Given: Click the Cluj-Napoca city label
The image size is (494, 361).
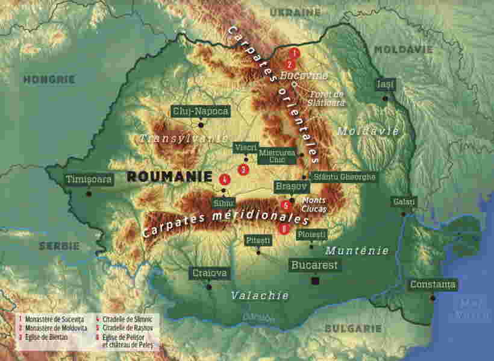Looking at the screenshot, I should [x=201, y=111].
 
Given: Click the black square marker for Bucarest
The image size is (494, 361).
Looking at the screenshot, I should [x=314, y=281].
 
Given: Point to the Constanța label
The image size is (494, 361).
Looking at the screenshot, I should [x=433, y=284].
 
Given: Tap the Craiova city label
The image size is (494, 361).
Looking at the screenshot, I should [x=210, y=273].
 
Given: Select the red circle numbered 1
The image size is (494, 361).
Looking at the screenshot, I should [x=294, y=53].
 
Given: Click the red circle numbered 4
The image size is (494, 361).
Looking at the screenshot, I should [x=224, y=179].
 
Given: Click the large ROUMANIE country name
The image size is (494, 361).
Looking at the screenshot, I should [x=169, y=177].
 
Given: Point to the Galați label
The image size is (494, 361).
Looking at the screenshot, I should [x=400, y=201].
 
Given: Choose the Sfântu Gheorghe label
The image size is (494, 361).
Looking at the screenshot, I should [x=345, y=177].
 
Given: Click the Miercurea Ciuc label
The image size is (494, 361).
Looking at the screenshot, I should [x=277, y=156].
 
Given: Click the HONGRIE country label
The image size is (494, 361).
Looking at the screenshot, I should [x=49, y=79].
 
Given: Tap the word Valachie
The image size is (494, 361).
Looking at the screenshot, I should [x=260, y=295].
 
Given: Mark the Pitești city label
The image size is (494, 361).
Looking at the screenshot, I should [x=258, y=240].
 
